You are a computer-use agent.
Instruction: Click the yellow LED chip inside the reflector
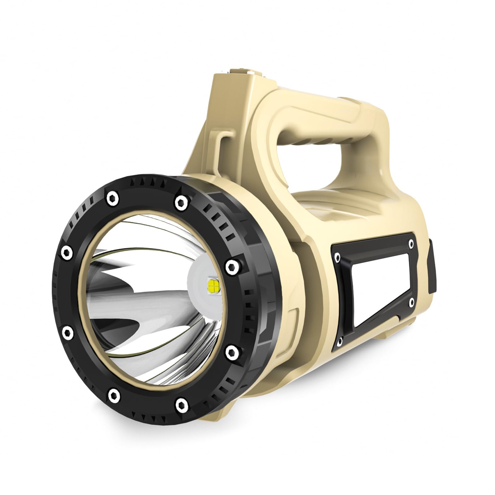(213, 286)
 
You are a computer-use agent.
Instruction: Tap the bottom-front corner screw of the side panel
(339, 341)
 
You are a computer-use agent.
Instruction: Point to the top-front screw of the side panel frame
(337, 256)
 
